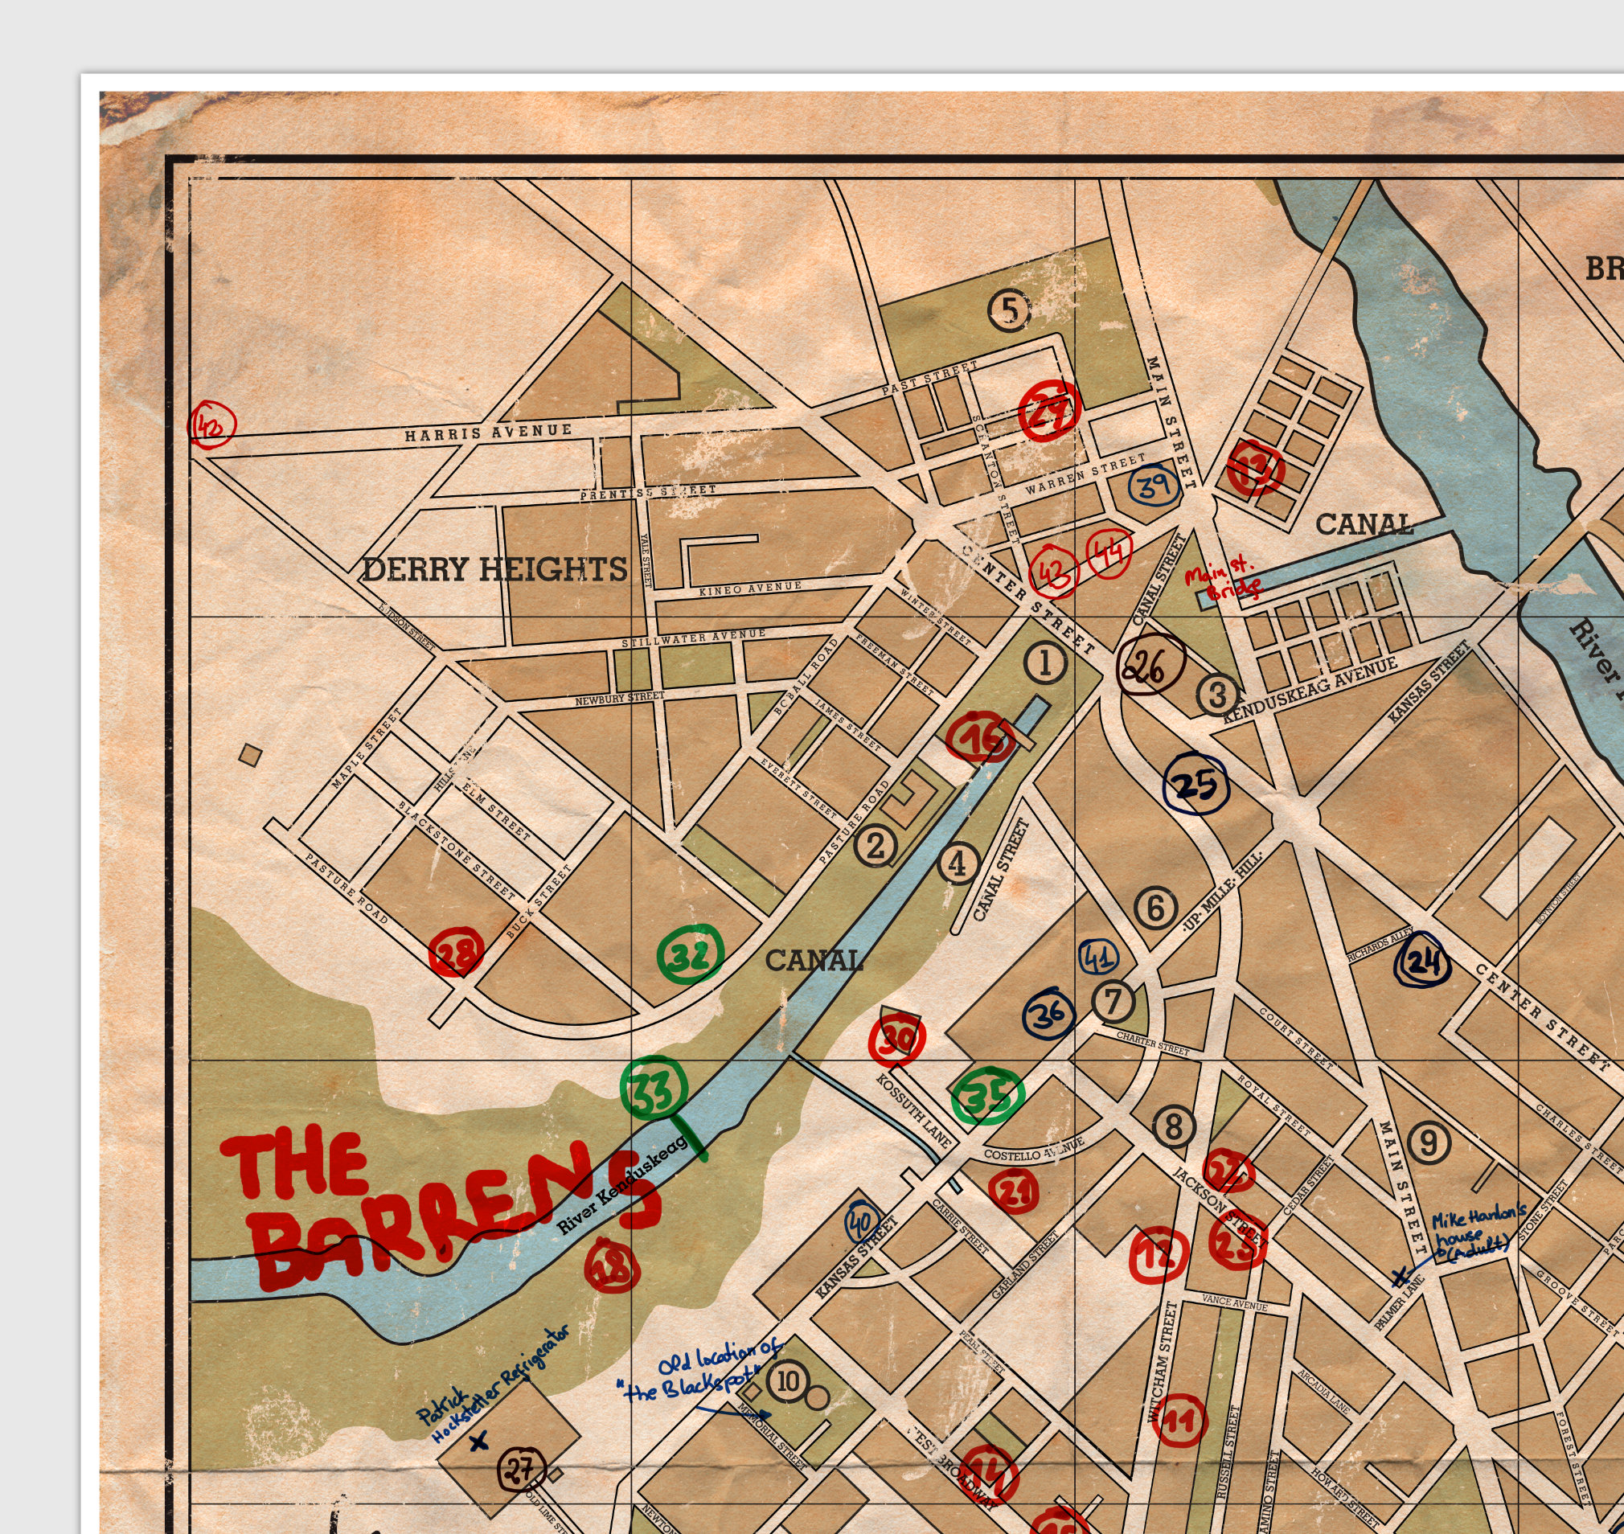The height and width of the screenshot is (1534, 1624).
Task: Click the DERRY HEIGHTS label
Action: [x=494, y=569]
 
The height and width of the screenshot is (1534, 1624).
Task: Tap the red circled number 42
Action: [x=211, y=425]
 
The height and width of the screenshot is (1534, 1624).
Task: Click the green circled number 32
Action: [x=691, y=955]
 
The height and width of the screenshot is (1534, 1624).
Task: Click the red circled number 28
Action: [x=457, y=953]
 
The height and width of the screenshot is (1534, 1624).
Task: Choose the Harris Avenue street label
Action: [x=488, y=432]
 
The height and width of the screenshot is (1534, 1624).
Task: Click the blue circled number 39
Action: [x=1154, y=486]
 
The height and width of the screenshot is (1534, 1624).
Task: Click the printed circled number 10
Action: [x=787, y=1381]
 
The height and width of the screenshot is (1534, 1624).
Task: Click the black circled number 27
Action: [x=522, y=1469]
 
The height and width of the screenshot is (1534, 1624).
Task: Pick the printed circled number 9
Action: [x=1429, y=1142]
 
